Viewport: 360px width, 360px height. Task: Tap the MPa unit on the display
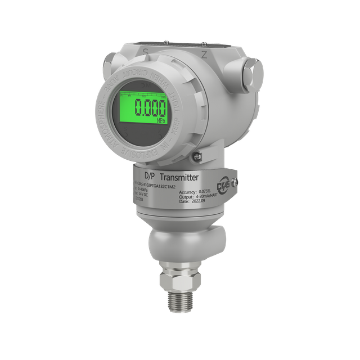tap(160, 120)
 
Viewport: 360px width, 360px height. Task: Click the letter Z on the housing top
tap(204, 55)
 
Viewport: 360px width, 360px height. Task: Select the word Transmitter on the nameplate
tap(178, 177)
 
